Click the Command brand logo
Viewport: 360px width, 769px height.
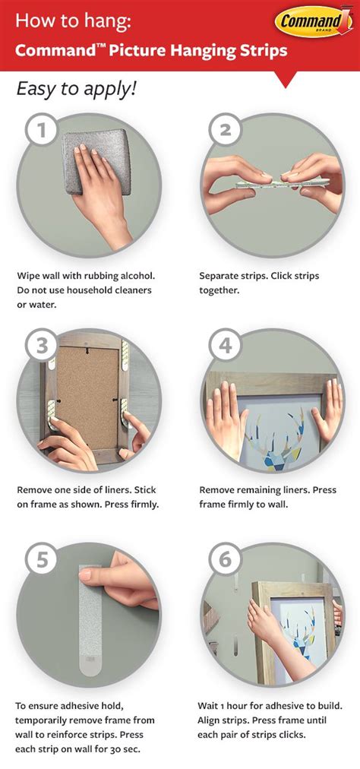[x=312, y=22]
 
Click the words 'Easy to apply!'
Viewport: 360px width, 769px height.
[x=76, y=88]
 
